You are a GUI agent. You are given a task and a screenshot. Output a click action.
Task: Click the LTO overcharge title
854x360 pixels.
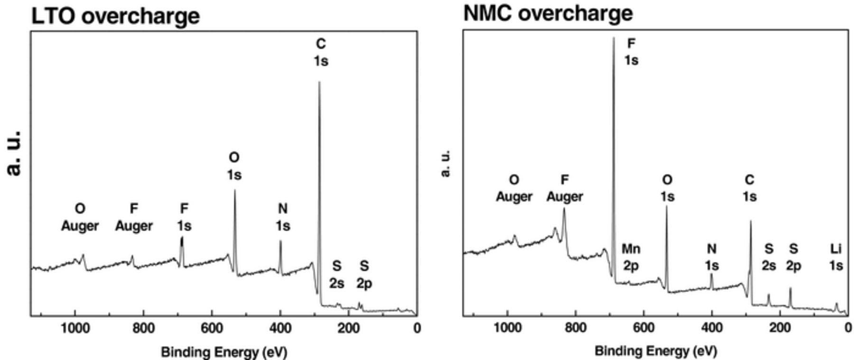pyautogui.click(x=115, y=16)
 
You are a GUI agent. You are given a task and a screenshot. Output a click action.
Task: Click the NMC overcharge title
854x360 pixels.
pyautogui.click(x=548, y=13)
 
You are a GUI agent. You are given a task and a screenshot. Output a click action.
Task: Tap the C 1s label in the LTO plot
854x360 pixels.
pyautogui.click(x=321, y=52)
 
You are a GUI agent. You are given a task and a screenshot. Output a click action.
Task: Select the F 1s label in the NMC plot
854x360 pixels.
pyautogui.click(x=631, y=52)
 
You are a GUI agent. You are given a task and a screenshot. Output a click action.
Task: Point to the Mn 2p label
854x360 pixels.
pyautogui.click(x=631, y=257)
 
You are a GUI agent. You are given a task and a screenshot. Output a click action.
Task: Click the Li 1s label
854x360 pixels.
pyautogui.click(x=836, y=257)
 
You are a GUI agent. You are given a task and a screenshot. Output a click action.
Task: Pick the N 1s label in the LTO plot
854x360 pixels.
pyautogui.click(x=283, y=217)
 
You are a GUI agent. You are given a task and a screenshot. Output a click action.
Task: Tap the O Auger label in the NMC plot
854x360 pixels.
pyautogui.click(x=514, y=188)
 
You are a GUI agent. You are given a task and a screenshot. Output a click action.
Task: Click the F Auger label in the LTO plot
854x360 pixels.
pyautogui.click(x=134, y=217)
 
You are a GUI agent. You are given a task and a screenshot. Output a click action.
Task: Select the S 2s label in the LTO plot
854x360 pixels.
pyautogui.click(x=336, y=274)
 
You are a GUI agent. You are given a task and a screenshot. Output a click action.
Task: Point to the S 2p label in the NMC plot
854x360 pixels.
pyautogui.click(x=793, y=257)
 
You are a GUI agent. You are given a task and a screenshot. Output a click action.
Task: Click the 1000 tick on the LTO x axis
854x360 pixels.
pyautogui.click(x=74, y=328)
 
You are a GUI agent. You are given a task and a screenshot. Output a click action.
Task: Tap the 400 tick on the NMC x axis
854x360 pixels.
pyautogui.click(x=712, y=327)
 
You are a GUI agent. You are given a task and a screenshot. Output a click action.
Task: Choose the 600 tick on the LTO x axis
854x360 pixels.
pyautogui.click(x=212, y=328)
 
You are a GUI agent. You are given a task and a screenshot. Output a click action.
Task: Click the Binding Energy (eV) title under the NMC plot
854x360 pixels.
pyautogui.click(x=655, y=351)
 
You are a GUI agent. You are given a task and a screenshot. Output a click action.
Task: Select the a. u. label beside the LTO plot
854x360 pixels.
pyautogui.click(x=15, y=153)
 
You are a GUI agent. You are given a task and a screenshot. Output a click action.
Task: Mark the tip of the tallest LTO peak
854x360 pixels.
pyautogui.click(x=319, y=82)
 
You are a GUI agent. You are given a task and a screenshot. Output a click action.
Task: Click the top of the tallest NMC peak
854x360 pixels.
pyautogui.click(x=613, y=38)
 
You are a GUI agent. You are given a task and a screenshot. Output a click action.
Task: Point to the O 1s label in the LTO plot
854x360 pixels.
pyautogui.click(x=234, y=166)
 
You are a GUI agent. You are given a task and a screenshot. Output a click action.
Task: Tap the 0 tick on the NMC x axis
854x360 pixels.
pyautogui.click(x=848, y=327)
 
